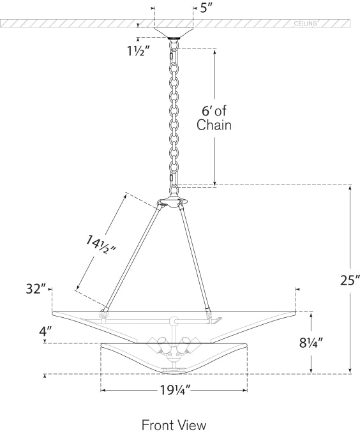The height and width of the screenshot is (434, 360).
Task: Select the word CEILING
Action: pyautogui.click(x=305, y=24)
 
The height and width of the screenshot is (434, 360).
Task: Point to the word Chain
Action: pyautogui.click(x=214, y=125)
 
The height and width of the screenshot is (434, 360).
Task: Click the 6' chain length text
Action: pyautogui.click(x=214, y=111)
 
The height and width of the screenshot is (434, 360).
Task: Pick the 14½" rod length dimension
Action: pyautogui.click(x=100, y=245)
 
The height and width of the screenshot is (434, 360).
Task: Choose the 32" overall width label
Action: pyautogui.click(x=36, y=289)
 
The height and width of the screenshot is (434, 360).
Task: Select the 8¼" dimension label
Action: pyautogui.click(x=311, y=343)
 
